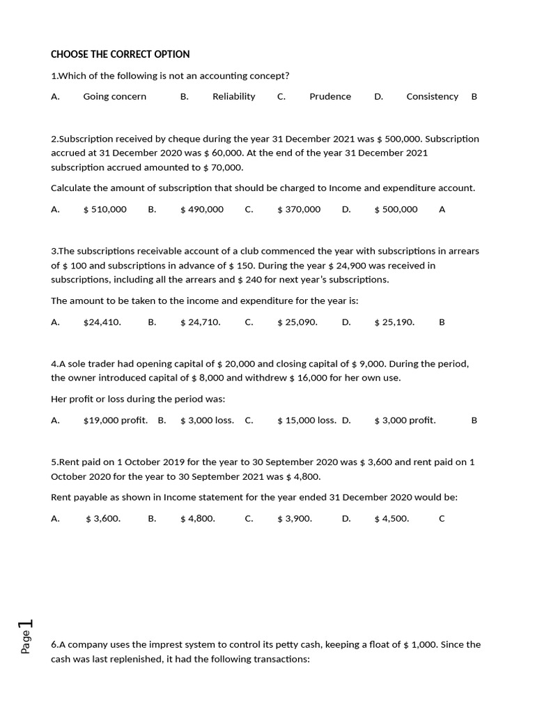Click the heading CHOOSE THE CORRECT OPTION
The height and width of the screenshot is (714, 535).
click(121, 54)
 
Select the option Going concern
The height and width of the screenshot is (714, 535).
click(115, 96)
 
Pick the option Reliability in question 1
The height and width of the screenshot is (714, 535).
click(233, 96)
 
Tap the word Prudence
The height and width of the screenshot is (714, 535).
click(330, 96)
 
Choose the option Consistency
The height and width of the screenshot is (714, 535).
click(432, 96)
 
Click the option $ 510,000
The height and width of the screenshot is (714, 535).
click(104, 209)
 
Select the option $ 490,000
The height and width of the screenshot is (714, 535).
click(202, 209)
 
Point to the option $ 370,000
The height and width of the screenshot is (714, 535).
click(299, 209)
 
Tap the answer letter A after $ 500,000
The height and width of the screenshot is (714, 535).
click(442, 209)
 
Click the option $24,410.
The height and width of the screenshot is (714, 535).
click(102, 322)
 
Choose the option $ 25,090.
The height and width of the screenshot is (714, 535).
click(297, 322)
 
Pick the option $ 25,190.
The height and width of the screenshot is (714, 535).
click(394, 322)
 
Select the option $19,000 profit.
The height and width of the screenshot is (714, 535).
click(116, 420)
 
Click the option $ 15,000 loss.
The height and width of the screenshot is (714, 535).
click(307, 420)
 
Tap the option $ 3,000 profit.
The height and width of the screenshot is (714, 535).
click(405, 420)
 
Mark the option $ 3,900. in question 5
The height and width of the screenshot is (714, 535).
click(295, 519)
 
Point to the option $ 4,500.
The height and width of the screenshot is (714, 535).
click(391, 519)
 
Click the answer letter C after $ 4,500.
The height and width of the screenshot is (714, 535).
click(442, 519)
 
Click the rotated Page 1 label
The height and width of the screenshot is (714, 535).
click(26, 635)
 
